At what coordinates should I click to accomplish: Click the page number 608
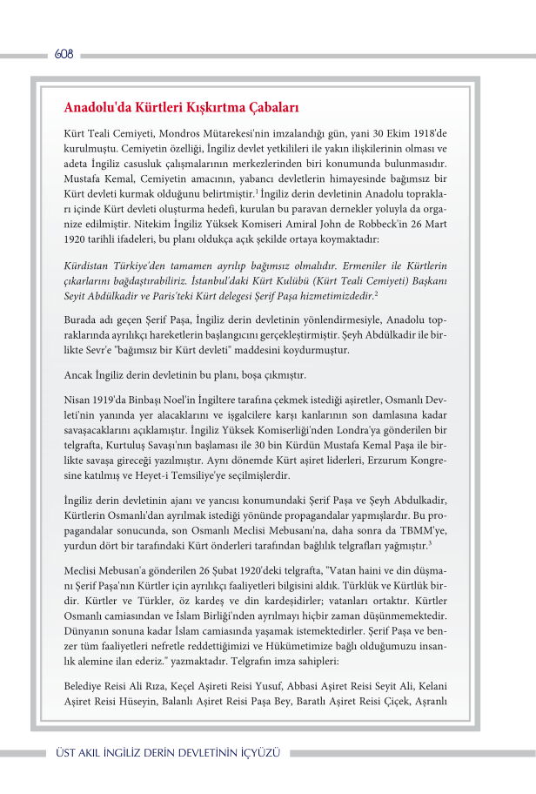coord(64,54)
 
